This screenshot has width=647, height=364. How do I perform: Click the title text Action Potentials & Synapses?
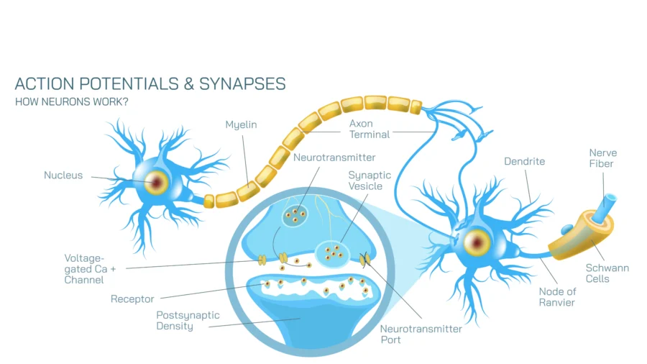pyautogui.click(x=150, y=84)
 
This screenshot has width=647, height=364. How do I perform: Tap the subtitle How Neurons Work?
pyautogui.click(x=72, y=101)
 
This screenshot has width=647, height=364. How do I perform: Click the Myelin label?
pyautogui.click(x=241, y=125)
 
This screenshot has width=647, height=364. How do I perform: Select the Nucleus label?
pyautogui.click(x=63, y=175)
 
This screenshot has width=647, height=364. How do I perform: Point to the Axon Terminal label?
pyautogui.click(x=370, y=129)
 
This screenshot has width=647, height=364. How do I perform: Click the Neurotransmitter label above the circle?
pyautogui.click(x=334, y=158)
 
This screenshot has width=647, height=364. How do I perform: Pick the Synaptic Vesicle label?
pyautogui.click(x=369, y=181)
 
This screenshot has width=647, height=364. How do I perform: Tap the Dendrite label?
pyautogui.click(x=525, y=162)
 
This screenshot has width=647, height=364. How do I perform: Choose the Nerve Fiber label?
pyautogui.click(x=602, y=158)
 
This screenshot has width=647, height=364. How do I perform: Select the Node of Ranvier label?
pyautogui.click(x=557, y=297)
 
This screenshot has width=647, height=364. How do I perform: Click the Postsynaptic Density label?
pyautogui.click(x=188, y=321)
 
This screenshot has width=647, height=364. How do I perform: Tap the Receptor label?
pyautogui.click(x=132, y=299)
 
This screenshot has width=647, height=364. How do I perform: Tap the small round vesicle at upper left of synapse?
pyautogui.click(x=293, y=215)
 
